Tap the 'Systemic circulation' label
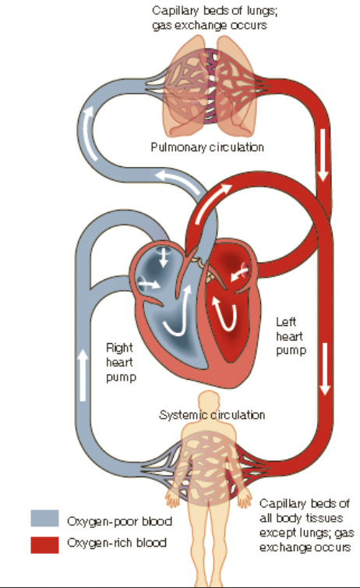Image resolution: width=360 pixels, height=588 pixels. pyautogui.click(x=211, y=414)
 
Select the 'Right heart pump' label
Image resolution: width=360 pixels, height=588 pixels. pyautogui.click(x=122, y=363)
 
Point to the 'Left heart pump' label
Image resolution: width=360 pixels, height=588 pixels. pyautogui.click(x=291, y=336)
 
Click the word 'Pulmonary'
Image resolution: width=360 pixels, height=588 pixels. pyautogui.click(x=178, y=147)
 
